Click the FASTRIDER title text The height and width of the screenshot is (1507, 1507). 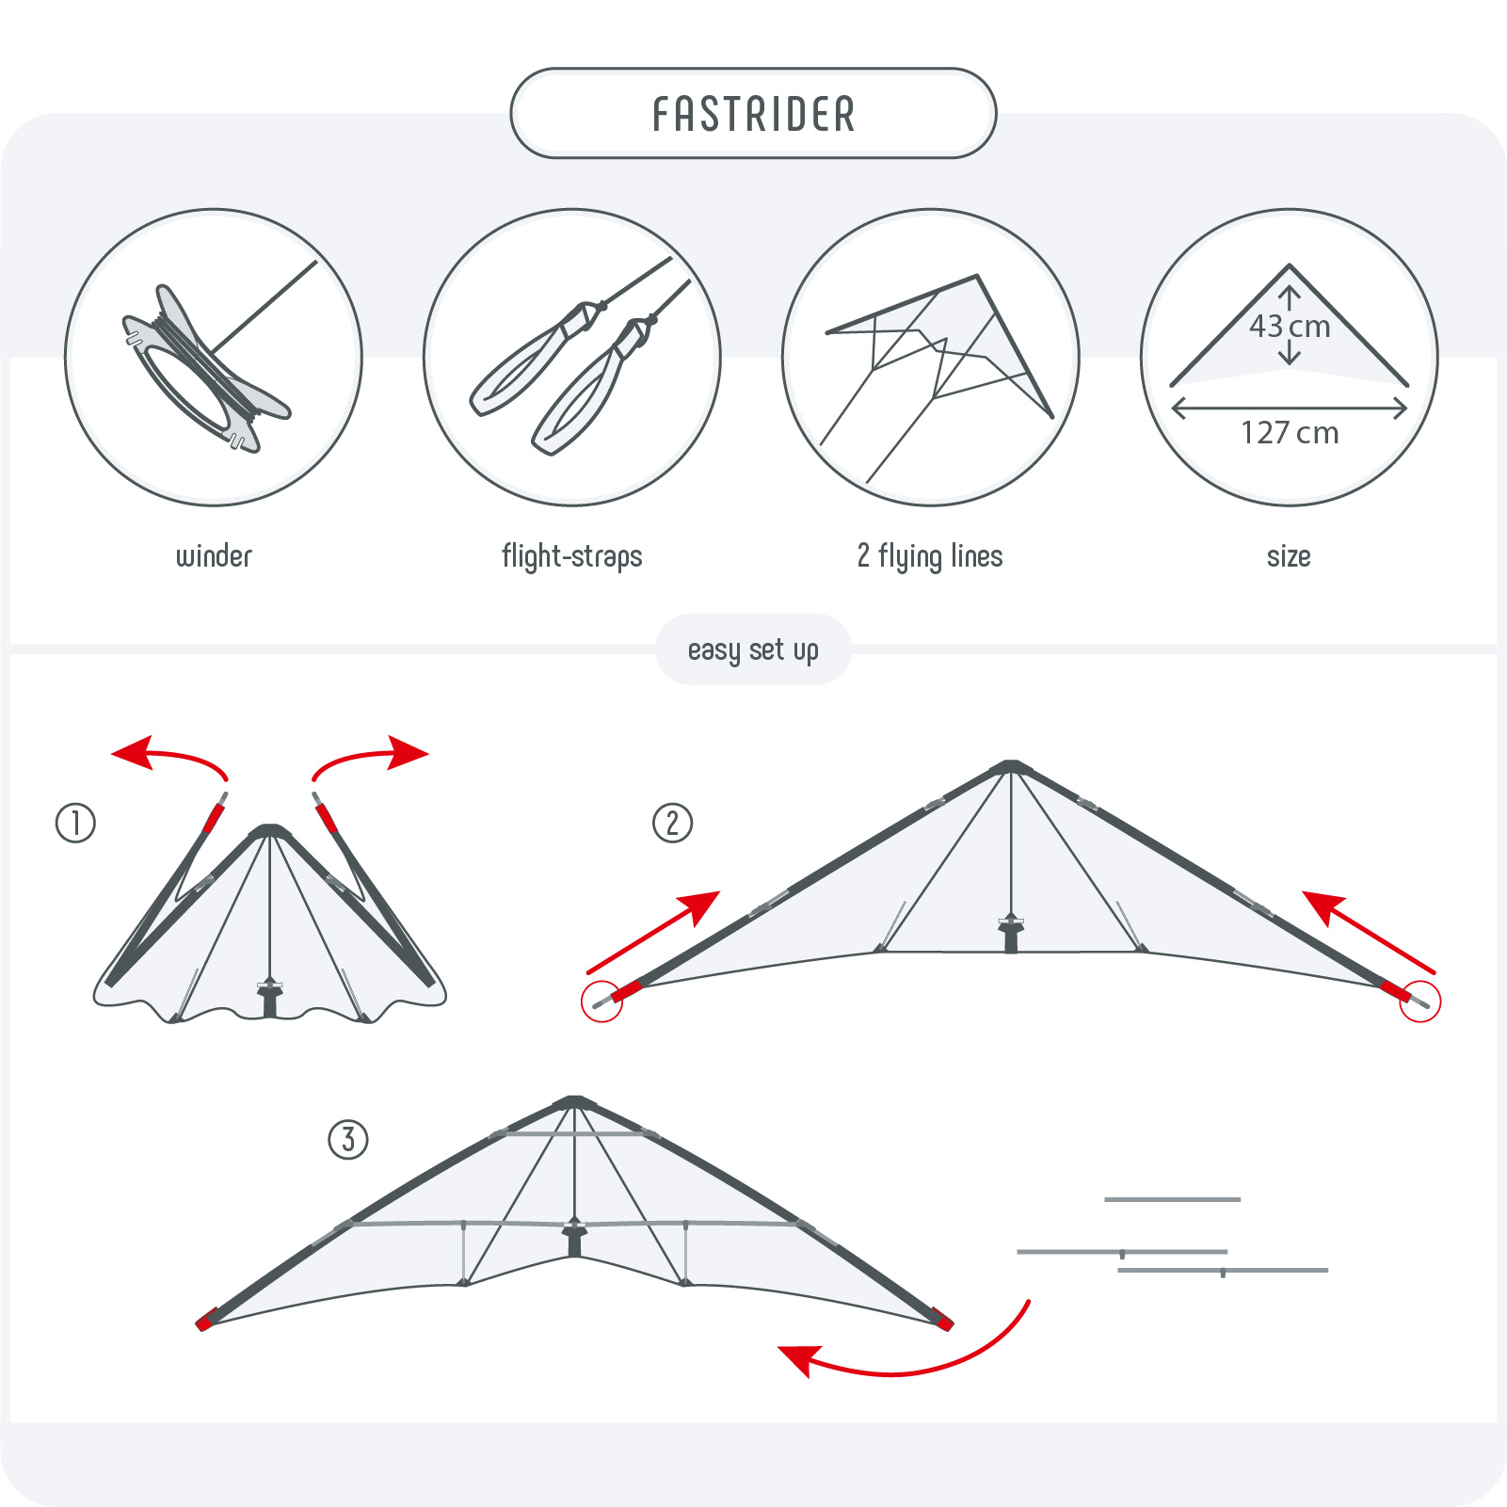[754, 114]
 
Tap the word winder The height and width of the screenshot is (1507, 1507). [215, 556]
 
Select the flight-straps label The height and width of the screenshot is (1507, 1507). [572, 556]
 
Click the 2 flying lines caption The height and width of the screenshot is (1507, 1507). [930, 556]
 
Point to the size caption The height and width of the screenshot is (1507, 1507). [1289, 556]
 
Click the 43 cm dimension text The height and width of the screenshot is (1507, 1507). [1290, 327]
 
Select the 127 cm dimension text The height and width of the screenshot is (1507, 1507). [1290, 433]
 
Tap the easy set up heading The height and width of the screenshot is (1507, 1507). [753, 650]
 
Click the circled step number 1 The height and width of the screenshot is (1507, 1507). [75, 823]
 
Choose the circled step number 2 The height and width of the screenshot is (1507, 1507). [672, 823]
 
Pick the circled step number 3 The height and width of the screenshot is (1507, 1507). [348, 1139]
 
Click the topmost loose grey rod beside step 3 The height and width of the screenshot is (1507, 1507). [1172, 1199]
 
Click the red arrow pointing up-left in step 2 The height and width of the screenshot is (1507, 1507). [1370, 932]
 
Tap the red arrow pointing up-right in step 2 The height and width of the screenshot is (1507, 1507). [653, 932]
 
